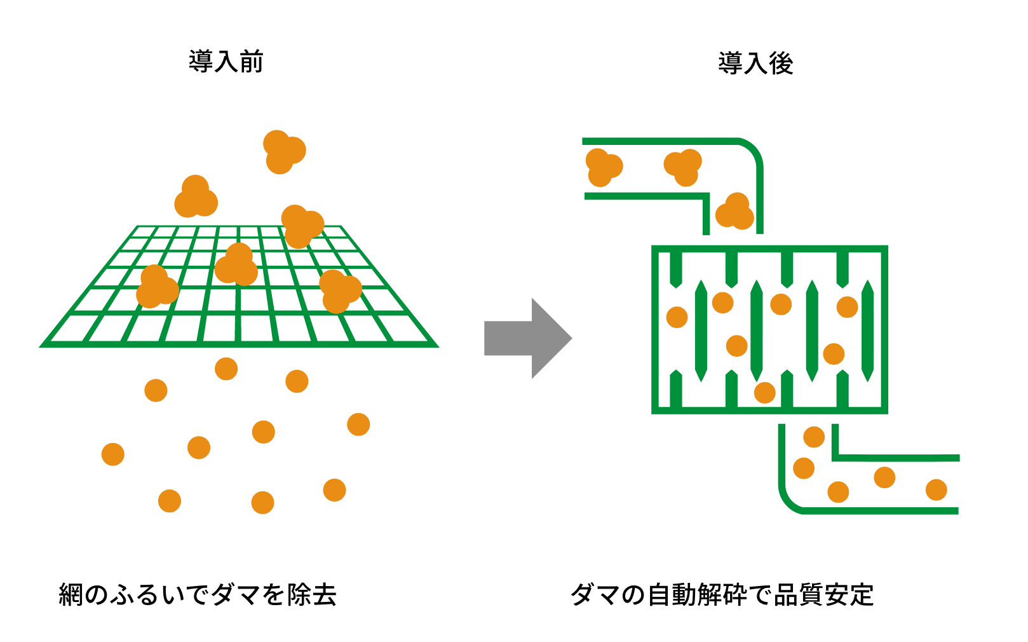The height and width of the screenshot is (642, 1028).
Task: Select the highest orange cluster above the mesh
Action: click(x=283, y=151)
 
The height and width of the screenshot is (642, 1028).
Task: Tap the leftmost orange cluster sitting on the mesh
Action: click(x=156, y=287)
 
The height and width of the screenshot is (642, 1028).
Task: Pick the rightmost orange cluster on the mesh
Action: click(x=339, y=290)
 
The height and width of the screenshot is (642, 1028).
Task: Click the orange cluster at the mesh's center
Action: click(x=236, y=265)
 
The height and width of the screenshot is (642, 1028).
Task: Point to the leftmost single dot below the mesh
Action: click(x=113, y=454)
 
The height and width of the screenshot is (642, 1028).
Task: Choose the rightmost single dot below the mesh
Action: click(x=358, y=424)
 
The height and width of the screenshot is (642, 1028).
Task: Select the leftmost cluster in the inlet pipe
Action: click(x=602, y=167)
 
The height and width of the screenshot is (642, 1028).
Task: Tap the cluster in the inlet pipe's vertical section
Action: click(x=735, y=212)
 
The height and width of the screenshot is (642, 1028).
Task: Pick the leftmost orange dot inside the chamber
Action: click(x=677, y=317)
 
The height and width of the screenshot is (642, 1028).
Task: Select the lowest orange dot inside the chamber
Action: click(x=764, y=392)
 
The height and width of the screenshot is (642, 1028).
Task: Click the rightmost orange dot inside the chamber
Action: click(x=847, y=306)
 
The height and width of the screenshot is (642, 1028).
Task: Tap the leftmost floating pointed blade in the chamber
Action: click(x=701, y=331)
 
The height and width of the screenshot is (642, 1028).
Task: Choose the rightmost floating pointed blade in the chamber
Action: click(x=867, y=331)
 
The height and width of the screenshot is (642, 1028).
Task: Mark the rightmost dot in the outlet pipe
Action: click(x=936, y=489)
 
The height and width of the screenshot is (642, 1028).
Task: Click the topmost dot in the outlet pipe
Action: click(x=814, y=437)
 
